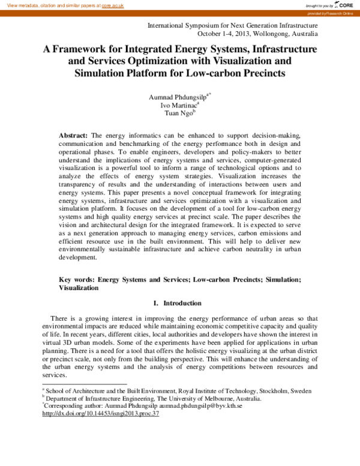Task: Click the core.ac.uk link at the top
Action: tap(113, 5)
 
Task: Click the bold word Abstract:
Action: tap(73, 136)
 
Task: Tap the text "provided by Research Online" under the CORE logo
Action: tap(339, 13)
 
